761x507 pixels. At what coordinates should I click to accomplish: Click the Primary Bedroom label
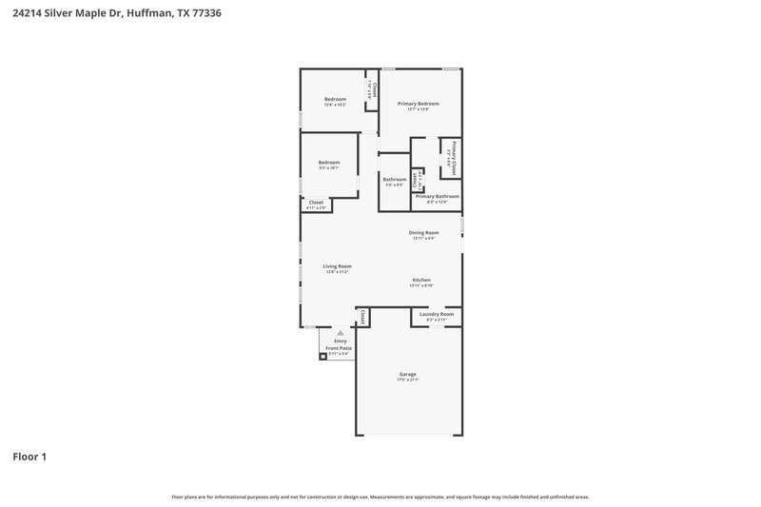click(419, 103)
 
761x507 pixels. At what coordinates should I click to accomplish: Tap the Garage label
click(407, 374)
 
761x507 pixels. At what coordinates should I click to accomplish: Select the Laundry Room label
click(437, 313)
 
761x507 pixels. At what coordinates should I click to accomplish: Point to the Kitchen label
click(421, 279)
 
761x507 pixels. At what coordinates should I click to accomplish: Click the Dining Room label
click(423, 232)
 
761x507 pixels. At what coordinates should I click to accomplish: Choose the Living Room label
click(337, 266)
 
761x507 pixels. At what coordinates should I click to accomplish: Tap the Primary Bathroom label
click(437, 196)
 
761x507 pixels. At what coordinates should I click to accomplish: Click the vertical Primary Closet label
click(455, 157)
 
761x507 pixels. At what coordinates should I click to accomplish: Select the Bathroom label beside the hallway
click(395, 179)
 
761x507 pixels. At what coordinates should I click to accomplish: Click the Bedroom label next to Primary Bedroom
click(335, 99)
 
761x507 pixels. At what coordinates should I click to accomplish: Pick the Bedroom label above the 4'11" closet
click(329, 162)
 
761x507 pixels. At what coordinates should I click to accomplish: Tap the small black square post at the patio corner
click(322, 356)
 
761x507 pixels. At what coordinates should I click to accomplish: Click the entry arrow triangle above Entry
click(341, 332)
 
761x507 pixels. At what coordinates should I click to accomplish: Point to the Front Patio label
click(340, 348)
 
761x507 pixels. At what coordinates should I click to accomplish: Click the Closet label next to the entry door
click(362, 317)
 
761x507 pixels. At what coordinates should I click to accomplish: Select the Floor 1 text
click(29, 457)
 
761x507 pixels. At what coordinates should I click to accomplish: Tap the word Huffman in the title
click(139, 14)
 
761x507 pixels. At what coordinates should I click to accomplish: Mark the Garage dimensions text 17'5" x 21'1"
click(407, 380)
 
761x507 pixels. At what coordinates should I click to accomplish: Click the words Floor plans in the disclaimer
click(184, 497)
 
